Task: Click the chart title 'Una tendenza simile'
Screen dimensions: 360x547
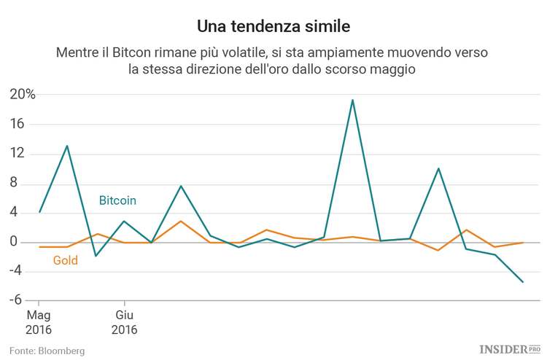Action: (273, 27)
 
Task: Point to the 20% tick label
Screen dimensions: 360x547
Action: (22, 95)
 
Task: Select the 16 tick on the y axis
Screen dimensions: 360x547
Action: (18, 125)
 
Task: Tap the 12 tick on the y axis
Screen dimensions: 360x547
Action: (18, 154)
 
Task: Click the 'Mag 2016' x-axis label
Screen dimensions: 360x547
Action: (39, 322)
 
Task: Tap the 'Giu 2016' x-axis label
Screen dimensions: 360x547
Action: (124, 322)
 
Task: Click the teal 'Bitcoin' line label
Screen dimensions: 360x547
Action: (117, 200)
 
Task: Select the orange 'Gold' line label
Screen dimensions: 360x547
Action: (66, 260)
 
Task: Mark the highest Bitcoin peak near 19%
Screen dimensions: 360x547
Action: (352, 100)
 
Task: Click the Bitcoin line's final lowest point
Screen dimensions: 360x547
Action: (523, 282)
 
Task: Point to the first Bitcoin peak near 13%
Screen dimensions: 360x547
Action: (67, 146)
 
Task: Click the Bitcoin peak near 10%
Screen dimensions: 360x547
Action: (438, 168)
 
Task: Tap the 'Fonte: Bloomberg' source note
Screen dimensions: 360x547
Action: (47, 351)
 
